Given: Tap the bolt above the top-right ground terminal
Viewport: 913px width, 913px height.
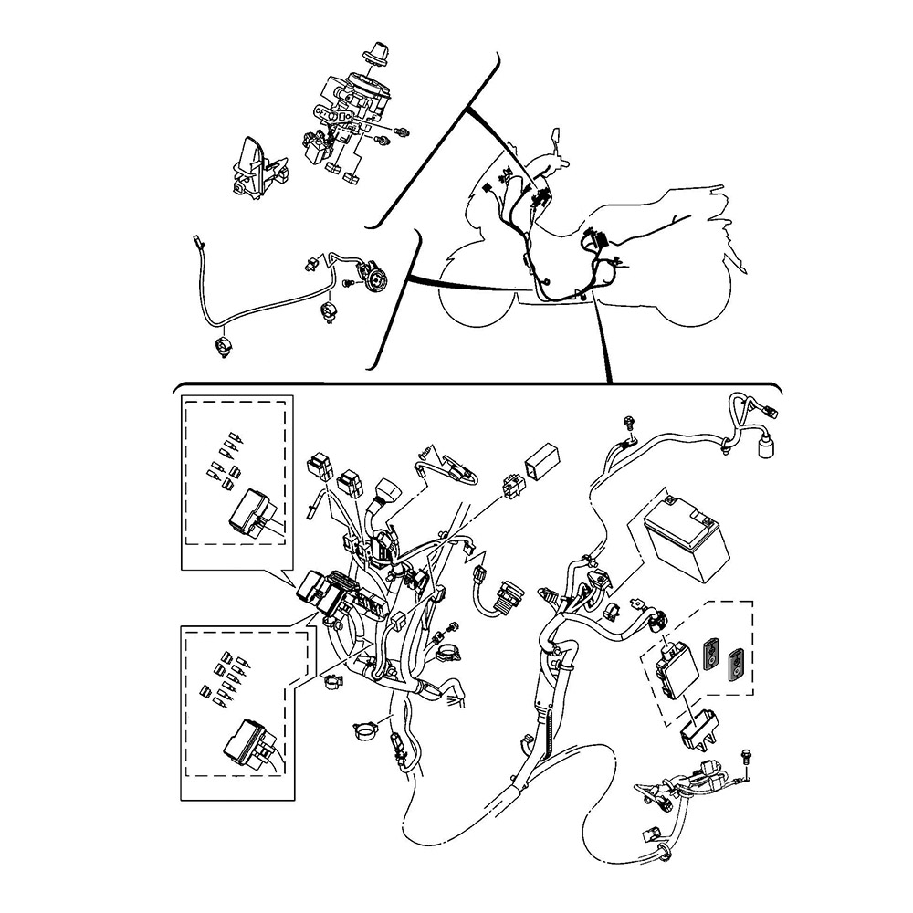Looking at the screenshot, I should coord(629,423).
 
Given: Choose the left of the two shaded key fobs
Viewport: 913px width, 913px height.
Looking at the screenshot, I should coord(711,654).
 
